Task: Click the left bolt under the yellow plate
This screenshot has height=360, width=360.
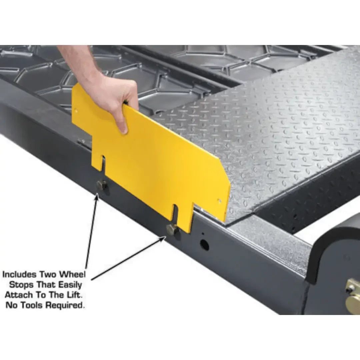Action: click(x=101, y=185)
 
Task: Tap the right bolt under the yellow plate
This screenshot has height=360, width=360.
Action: click(x=172, y=229)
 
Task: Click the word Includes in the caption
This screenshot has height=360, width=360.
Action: click(x=19, y=275)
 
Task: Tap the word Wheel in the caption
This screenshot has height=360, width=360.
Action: click(x=72, y=275)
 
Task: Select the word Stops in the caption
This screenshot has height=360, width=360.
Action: click(x=20, y=285)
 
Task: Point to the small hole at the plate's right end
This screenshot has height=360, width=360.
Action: click(x=219, y=201)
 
